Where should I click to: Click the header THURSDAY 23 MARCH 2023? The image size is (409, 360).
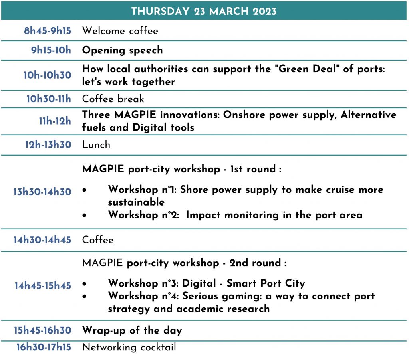tap(204, 11)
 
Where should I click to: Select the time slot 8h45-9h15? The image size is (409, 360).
tap(48, 31)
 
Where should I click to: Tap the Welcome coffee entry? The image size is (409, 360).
tap(120, 31)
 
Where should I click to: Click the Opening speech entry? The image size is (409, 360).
tap(122, 50)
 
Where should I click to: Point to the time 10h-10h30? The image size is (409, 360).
tap(48, 75)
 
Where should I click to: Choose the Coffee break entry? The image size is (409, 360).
tap(113, 99)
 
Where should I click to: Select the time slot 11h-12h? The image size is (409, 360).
tap(55, 121)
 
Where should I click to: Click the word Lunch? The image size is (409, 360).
tap(96, 144)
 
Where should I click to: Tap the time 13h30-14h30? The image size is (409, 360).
tap(42, 192)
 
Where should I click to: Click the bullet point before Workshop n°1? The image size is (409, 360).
tap(84, 190)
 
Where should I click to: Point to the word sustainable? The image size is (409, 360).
tap(136, 202)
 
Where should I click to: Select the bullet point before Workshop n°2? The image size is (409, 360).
tap(84, 216)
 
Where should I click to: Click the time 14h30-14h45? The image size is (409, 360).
tap(42, 240)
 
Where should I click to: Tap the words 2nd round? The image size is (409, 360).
tap(255, 263)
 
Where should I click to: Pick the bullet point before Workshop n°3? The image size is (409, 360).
tap(84, 284)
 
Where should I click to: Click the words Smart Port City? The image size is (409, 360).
tap(266, 283)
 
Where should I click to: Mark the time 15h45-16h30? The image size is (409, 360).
tap(42, 330)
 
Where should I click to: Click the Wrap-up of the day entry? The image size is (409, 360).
tap(132, 330)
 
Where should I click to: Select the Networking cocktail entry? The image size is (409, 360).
tap(129, 347)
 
